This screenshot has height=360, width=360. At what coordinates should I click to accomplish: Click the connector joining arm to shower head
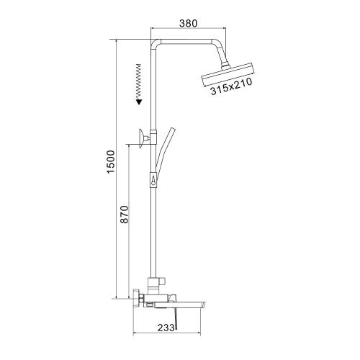coord(225,63)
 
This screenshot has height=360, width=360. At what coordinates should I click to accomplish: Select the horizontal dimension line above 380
coord(189,28)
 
